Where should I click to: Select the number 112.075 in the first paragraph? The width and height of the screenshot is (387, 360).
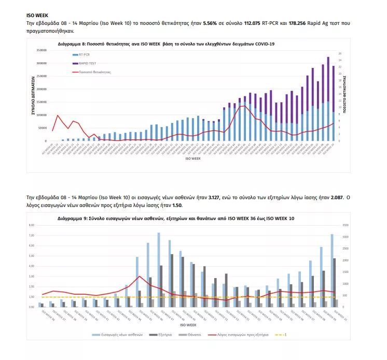click(232, 24)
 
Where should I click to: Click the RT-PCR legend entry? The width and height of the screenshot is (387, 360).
click(81, 53)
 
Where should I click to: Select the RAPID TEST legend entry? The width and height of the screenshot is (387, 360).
click(85, 63)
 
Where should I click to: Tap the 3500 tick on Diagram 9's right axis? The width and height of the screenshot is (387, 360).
click(347, 226)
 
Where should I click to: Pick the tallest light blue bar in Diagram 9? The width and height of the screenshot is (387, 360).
click(159, 270)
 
